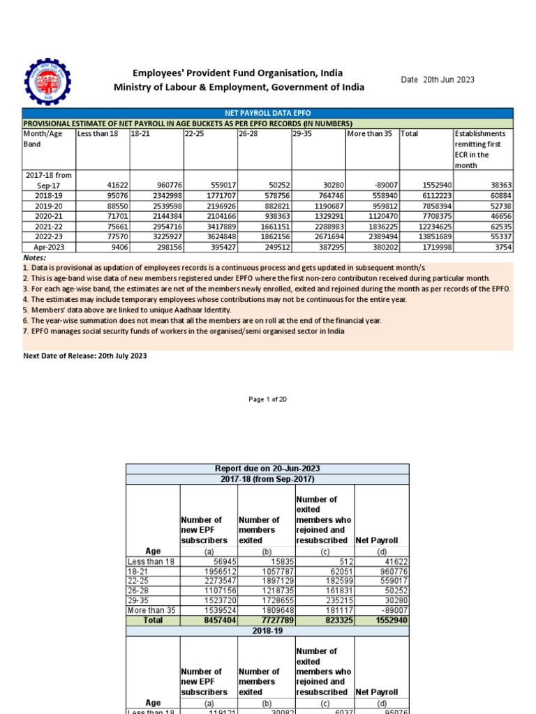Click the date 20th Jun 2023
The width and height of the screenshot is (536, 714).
(x=437, y=80)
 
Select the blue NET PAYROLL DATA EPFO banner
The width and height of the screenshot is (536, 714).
(x=267, y=113)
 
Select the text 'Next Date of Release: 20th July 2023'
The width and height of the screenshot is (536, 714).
(x=85, y=356)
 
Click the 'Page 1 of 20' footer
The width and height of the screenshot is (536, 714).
(x=267, y=400)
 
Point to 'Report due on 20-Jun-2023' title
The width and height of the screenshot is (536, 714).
(x=267, y=469)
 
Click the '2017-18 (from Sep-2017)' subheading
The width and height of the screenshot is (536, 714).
(x=267, y=479)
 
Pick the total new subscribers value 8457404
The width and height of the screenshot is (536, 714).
(x=209, y=620)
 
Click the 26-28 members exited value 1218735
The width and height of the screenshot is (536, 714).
(x=265, y=590)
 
